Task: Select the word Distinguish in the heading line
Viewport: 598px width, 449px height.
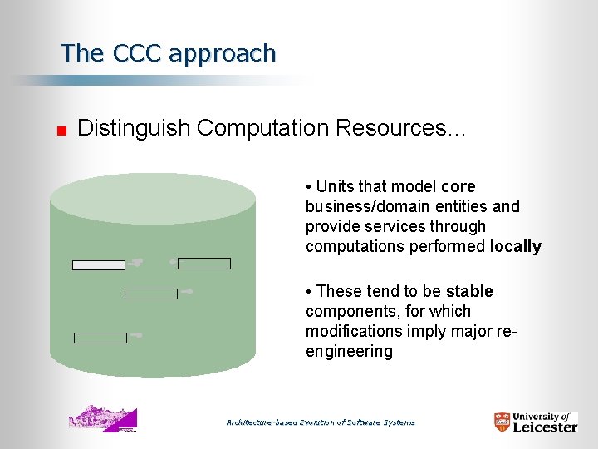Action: point(134,128)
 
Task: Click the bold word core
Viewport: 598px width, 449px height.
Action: point(458,186)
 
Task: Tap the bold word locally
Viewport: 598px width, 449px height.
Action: point(515,246)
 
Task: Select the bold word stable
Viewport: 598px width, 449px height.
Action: point(469,291)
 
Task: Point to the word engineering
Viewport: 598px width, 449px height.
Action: point(349,351)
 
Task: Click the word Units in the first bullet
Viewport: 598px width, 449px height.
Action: point(334,186)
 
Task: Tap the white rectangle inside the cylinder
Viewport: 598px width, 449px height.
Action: point(98,265)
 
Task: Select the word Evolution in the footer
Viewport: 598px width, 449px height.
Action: point(315,422)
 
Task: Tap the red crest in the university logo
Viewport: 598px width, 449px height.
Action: point(502,422)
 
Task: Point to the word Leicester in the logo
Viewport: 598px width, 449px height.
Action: point(545,427)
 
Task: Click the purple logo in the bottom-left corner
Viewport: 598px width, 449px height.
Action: point(103,418)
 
